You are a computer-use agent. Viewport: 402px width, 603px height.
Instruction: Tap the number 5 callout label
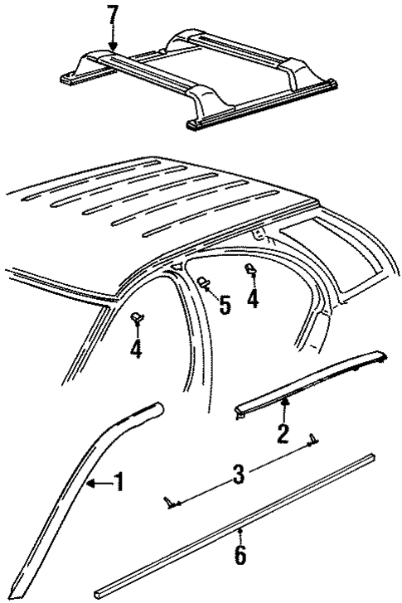pyautogui.click(x=224, y=306)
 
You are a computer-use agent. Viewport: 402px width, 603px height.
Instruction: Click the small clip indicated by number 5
pyautogui.click(x=203, y=284)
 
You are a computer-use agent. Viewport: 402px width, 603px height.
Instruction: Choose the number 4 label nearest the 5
pyautogui.click(x=252, y=299)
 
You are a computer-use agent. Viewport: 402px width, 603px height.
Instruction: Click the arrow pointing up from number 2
pyautogui.click(x=283, y=408)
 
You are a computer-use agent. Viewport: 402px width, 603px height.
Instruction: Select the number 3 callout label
pyautogui.click(x=238, y=475)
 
